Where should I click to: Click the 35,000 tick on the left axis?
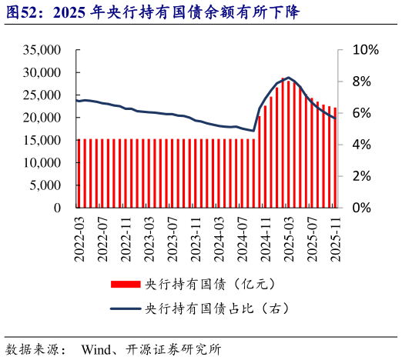(x=43, y=50)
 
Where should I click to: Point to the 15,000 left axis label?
(x=43, y=140)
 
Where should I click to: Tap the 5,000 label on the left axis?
(x=46, y=185)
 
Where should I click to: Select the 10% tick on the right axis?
(x=365, y=50)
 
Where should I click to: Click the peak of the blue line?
(x=288, y=78)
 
